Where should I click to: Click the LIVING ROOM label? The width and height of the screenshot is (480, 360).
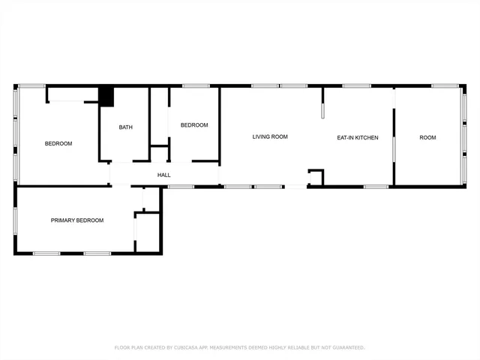point(270,136)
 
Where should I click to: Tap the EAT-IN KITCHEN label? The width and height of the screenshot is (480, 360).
point(357,137)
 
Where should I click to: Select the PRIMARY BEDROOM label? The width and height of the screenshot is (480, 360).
point(76,220)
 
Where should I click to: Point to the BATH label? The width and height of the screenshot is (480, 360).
point(125,127)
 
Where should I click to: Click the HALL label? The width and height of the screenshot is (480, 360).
point(163,175)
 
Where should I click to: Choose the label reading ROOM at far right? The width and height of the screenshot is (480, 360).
point(427,137)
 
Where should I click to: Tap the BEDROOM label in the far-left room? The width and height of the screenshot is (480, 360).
point(58,143)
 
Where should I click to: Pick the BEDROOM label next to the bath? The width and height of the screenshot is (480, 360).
point(193,125)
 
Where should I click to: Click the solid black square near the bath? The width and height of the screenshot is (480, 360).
point(106,96)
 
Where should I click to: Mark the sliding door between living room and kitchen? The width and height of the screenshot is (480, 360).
point(323,105)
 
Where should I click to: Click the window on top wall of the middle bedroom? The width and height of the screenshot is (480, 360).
point(196,85)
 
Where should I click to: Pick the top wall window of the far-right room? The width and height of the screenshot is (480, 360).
point(445,85)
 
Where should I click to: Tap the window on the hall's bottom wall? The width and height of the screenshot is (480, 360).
point(181,186)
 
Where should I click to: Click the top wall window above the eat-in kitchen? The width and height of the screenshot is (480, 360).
point(356,85)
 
